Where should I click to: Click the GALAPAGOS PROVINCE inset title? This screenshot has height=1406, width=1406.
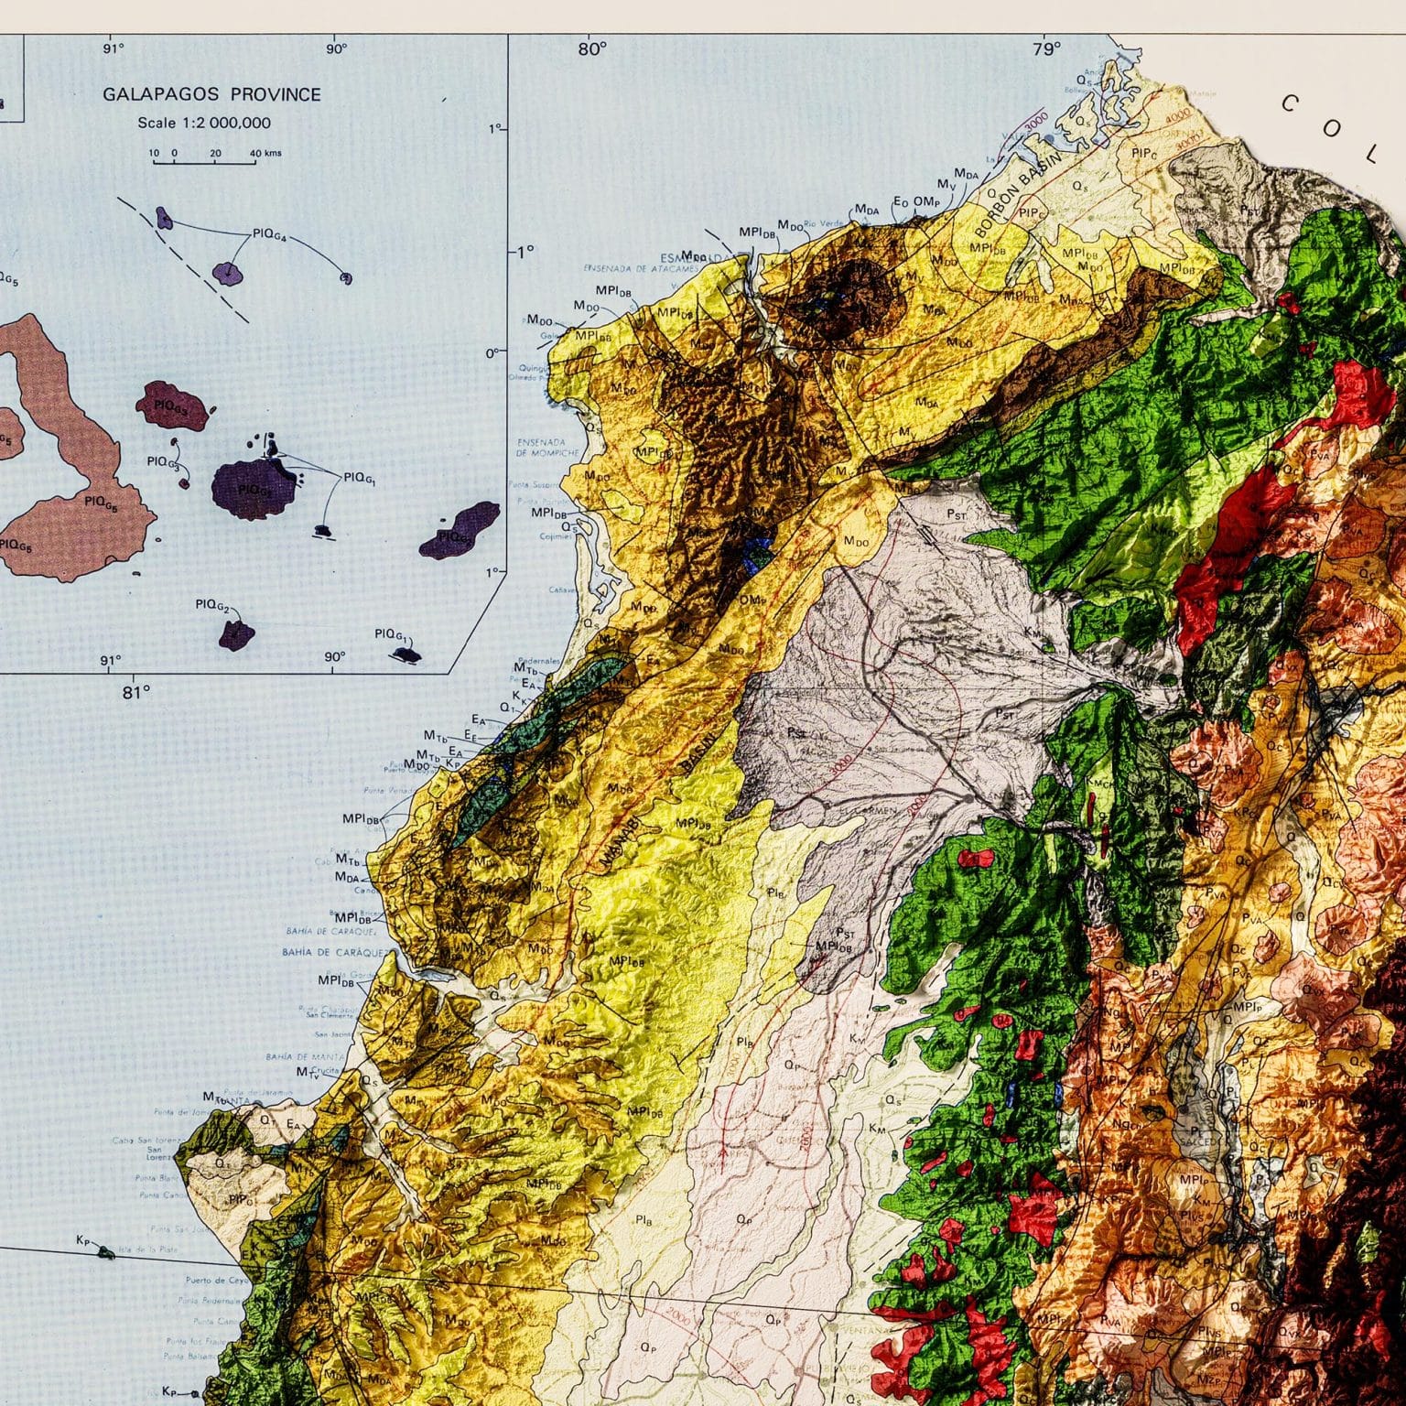coord(211,94)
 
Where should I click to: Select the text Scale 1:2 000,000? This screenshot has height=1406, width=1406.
coord(204,123)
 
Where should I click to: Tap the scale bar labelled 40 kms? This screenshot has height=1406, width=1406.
coord(204,162)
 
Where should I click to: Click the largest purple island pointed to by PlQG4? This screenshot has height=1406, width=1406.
coord(227,272)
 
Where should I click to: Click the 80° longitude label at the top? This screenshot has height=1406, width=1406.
coord(592,49)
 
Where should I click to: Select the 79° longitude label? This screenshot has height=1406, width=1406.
coord(1046,49)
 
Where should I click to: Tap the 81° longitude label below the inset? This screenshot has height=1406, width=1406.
coord(135,692)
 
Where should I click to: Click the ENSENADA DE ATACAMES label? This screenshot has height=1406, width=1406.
coord(641,269)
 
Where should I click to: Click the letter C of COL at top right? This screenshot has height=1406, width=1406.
coord(1292,103)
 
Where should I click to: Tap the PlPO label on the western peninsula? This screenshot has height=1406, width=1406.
coord(241,1199)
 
